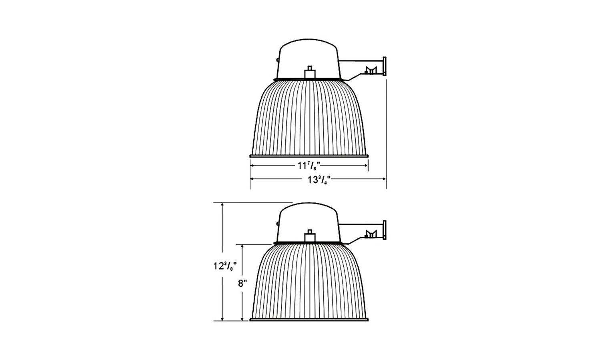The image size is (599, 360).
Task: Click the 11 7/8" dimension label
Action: (x=309, y=166)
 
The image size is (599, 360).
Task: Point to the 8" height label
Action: (x=242, y=284)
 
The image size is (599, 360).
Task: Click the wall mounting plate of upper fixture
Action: (x=385, y=66)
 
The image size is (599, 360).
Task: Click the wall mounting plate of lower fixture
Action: (x=385, y=230)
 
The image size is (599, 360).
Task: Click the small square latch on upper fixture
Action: (x=310, y=72)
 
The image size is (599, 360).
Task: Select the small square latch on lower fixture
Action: (x=310, y=236)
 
